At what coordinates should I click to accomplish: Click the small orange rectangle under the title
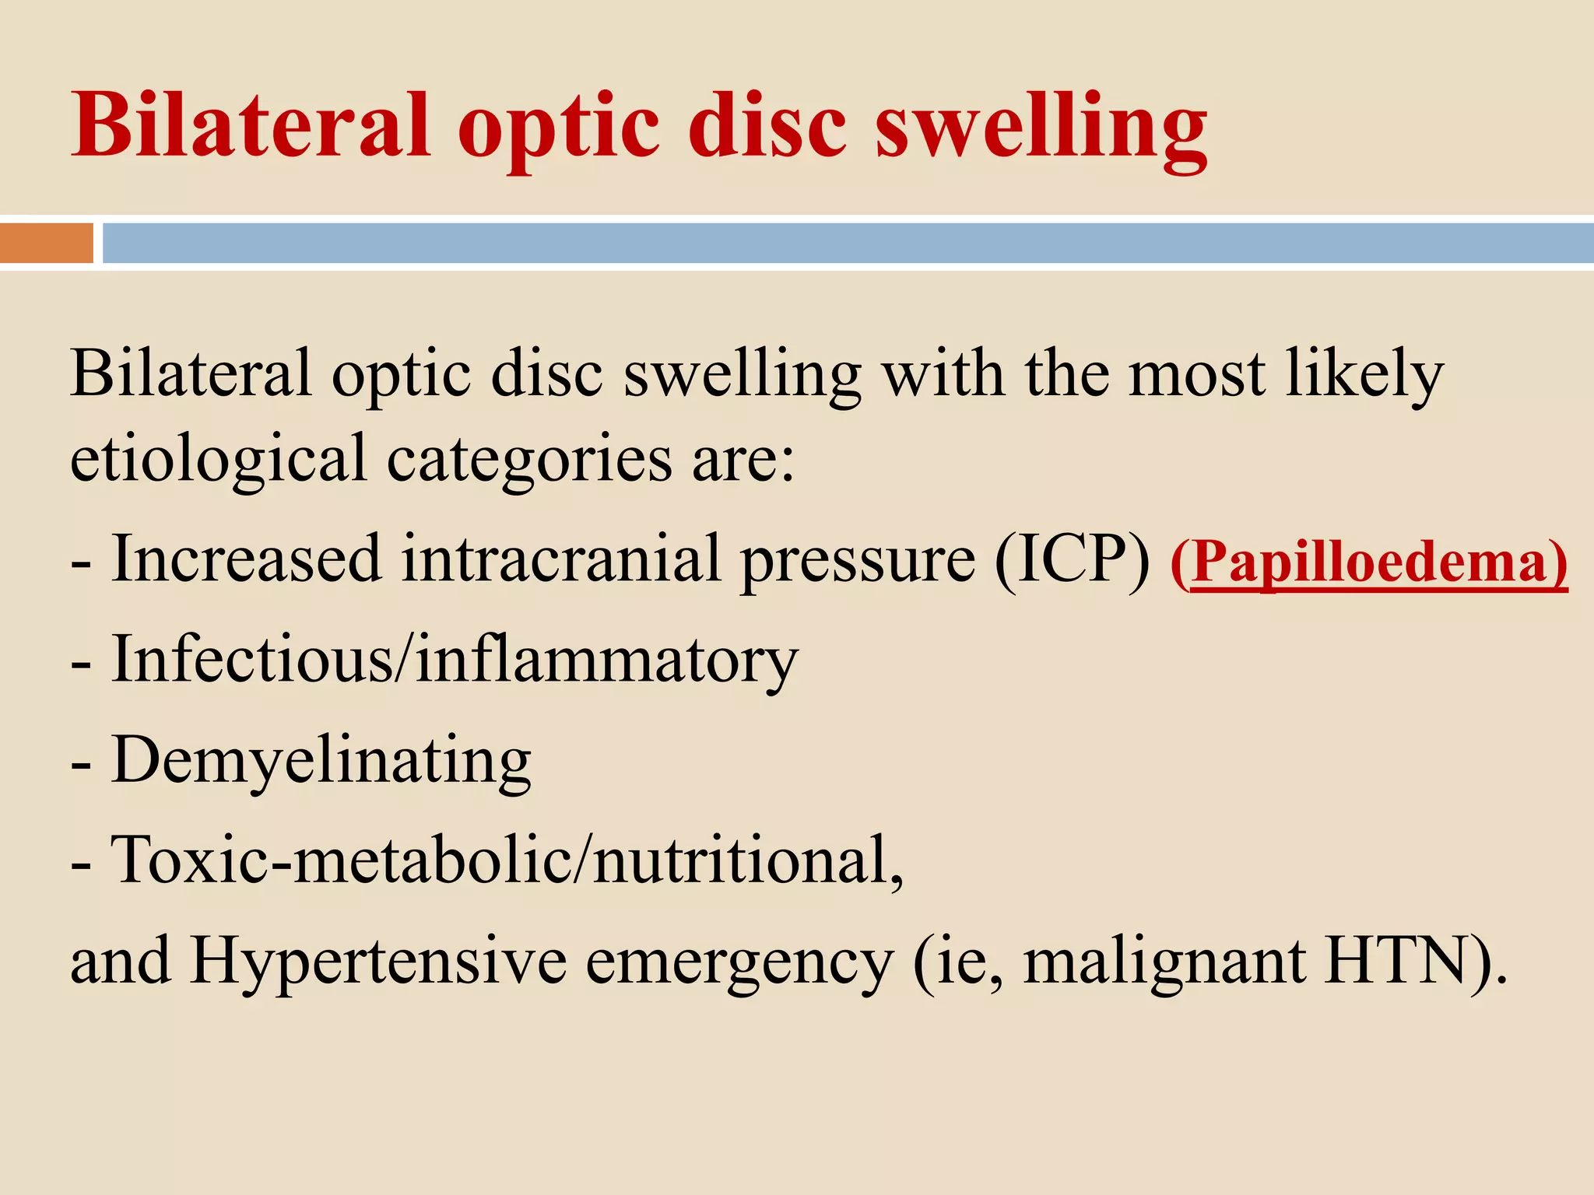(47, 243)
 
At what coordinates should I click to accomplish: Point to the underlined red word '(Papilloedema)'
(1368, 562)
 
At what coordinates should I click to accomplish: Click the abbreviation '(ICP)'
(1073, 559)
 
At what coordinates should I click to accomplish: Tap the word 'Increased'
(247, 559)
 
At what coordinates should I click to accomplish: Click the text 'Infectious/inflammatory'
(455, 660)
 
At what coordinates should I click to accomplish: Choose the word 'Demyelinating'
(321, 761)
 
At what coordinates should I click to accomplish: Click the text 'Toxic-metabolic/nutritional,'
(507, 860)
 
